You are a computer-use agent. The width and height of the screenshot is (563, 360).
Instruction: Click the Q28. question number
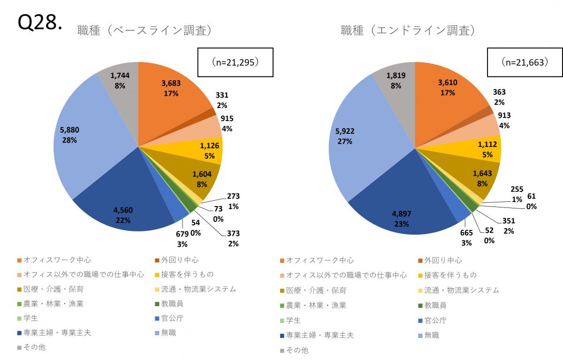(39, 22)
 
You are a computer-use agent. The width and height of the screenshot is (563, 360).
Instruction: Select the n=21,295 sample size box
(235, 61)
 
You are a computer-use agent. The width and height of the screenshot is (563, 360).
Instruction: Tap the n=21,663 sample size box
(525, 61)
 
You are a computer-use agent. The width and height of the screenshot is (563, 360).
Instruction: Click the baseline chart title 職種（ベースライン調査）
(145, 31)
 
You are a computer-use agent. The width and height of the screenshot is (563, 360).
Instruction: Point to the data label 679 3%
(183, 239)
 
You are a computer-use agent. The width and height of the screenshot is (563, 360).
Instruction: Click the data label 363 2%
(499, 97)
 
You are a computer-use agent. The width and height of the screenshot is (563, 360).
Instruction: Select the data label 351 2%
(508, 226)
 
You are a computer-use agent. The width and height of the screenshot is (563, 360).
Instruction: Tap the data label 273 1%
(233, 201)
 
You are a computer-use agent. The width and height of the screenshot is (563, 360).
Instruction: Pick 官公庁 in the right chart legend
(435, 321)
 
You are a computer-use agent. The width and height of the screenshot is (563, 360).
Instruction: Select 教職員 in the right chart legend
(435, 305)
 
